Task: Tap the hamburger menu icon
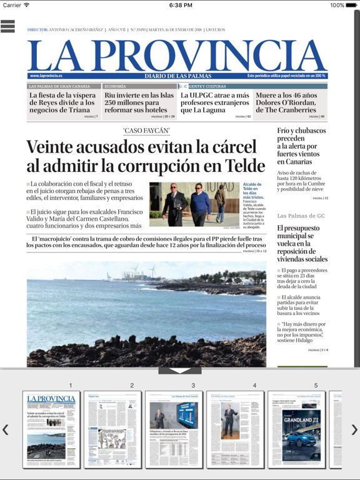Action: coord(8,26)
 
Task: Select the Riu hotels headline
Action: coord(139,102)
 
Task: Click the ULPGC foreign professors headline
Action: coord(215,102)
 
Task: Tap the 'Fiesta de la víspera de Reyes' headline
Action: coord(62,102)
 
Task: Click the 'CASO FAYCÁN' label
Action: coord(146,131)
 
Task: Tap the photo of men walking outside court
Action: coord(194,205)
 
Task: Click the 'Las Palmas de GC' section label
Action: coord(301,216)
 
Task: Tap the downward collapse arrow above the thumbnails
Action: coord(180,371)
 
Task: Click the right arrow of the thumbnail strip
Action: coord(354,429)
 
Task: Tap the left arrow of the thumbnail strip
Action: coord(6,429)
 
